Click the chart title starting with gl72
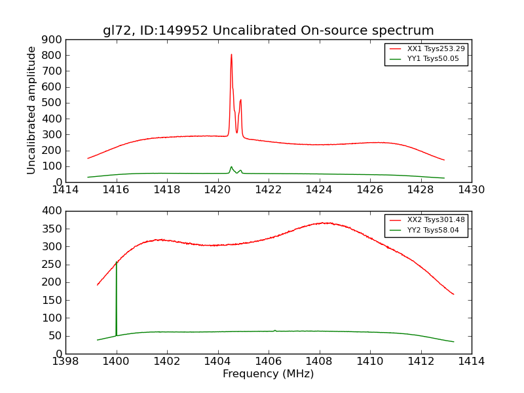pyautogui.click(x=268, y=31)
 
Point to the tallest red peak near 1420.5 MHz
pyautogui.click(x=231, y=55)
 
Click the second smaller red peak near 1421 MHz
pyautogui.click(x=240, y=100)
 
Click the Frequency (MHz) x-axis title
pyautogui.click(x=268, y=374)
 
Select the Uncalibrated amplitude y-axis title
pyautogui.click(x=31, y=110)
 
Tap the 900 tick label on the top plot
pyautogui.click(x=52, y=39)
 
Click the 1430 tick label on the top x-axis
pyautogui.click(x=471, y=190)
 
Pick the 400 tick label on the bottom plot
pyautogui.click(x=52, y=211)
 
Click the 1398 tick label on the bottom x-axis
pyautogui.click(x=65, y=362)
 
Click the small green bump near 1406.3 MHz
pyautogui.click(x=275, y=330)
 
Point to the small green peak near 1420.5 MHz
pyautogui.click(x=231, y=166)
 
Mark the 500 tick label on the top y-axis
pyautogui.click(x=52, y=103)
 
